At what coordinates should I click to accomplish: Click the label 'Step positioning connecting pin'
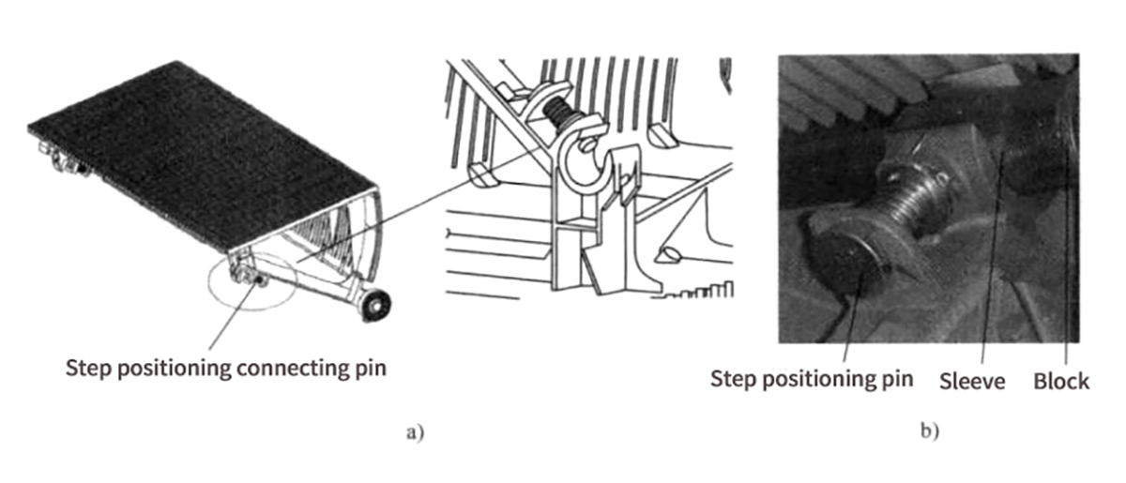(x=225, y=369)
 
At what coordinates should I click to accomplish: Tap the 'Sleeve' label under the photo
(x=972, y=381)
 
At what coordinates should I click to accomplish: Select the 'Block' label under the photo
(x=1061, y=381)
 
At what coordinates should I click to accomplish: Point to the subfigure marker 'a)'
(x=415, y=433)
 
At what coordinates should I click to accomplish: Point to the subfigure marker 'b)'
(x=929, y=433)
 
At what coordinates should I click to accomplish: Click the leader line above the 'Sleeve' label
(x=990, y=272)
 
